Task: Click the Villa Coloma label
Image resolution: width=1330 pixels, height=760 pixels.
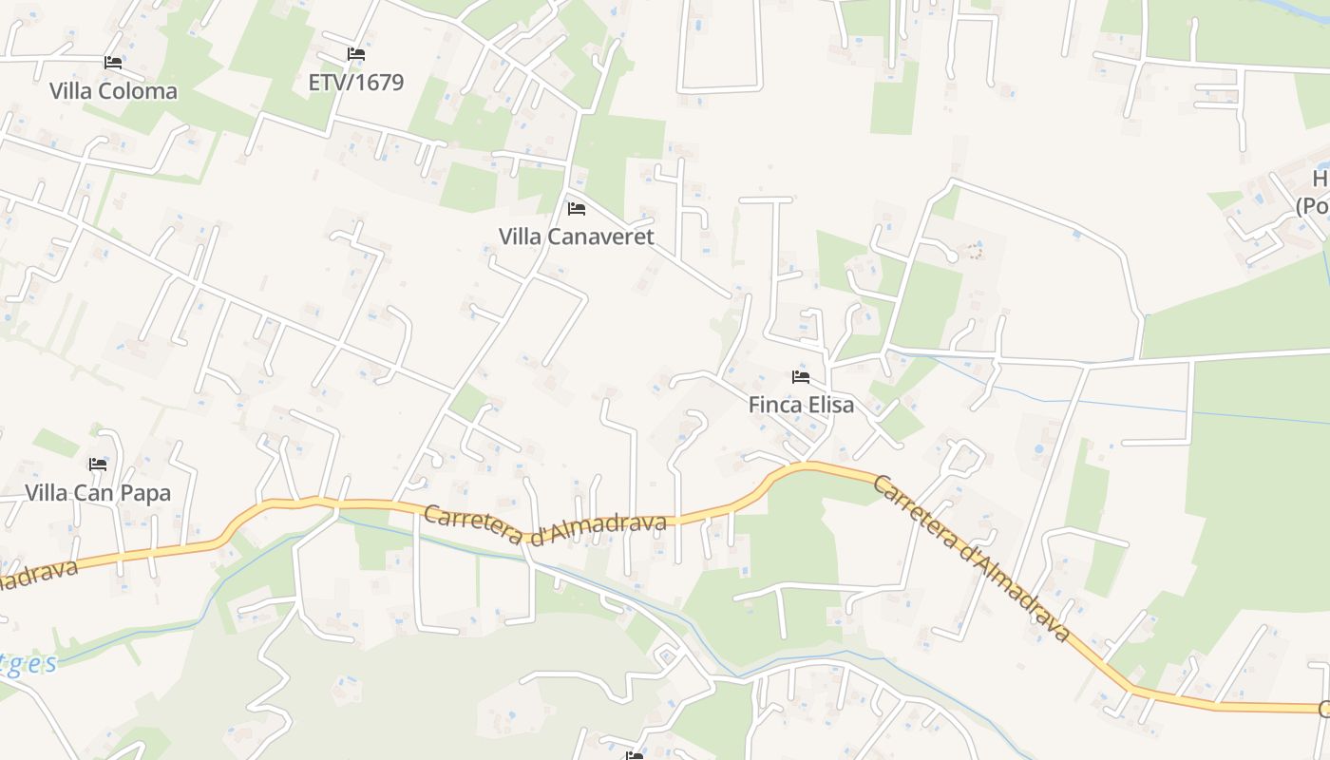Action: [113, 91]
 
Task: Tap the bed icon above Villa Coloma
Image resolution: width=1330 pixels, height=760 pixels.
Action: [113, 63]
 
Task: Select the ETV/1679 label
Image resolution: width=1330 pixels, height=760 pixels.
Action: [356, 83]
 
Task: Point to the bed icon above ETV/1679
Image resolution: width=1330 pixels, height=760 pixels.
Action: [356, 54]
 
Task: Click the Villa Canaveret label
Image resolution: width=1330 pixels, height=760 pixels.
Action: [577, 237]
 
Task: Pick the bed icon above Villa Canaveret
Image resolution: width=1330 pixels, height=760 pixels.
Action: [577, 208]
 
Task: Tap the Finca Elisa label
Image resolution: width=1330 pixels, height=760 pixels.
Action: [801, 405]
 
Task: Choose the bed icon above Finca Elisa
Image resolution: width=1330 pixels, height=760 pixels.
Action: [801, 376]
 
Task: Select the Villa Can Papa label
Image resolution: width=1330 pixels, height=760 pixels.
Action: [98, 493]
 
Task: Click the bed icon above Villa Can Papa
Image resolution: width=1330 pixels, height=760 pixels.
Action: [98, 465]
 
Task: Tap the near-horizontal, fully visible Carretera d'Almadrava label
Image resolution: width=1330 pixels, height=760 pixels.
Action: [545, 525]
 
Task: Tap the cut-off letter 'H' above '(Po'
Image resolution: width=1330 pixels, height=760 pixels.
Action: [1320, 179]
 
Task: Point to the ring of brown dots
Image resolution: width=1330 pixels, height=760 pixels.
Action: [973, 251]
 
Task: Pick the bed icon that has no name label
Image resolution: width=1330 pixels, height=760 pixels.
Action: [634, 755]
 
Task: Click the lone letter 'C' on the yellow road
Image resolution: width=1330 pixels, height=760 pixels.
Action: [1323, 709]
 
